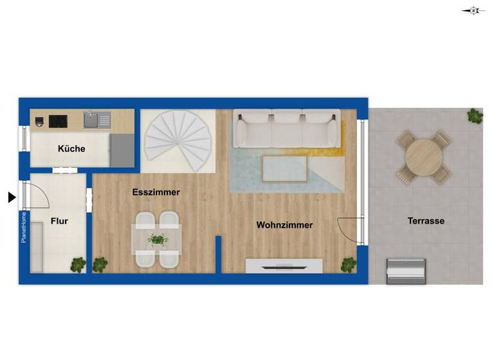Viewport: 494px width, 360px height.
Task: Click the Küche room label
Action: (x=71, y=148)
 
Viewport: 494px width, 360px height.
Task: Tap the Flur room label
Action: (x=59, y=221)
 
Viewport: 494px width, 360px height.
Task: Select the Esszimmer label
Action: (x=156, y=192)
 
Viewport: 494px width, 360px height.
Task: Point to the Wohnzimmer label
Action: (x=284, y=225)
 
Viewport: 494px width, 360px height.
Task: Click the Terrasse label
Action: (x=426, y=221)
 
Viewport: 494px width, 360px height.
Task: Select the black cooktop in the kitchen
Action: (x=59, y=120)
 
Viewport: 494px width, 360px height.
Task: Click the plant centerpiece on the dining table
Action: (x=157, y=239)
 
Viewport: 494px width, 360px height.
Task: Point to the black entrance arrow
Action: (x=12, y=197)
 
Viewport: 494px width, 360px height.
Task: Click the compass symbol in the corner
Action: (x=473, y=10)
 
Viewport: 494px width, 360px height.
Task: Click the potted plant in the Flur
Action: (x=78, y=264)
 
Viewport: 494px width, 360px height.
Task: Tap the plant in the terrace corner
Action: (x=475, y=116)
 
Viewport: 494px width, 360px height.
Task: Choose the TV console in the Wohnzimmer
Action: (x=284, y=265)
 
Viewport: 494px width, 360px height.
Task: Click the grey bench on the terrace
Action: (x=405, y=271)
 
